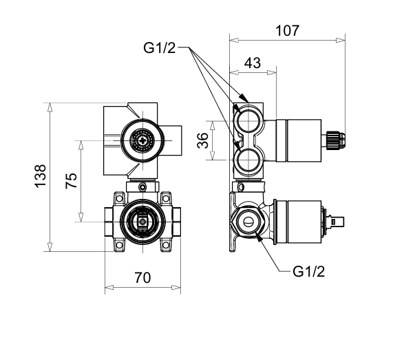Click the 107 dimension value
(x=288, y=31)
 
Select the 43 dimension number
(x=253, y=63)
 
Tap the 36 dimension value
(x=203, y=140)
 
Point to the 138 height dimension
(x=41, y=176)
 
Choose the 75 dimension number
(x=71, y=181)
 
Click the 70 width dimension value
(x=142, y=278)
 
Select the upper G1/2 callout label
(x=159, y=48)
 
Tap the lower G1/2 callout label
(x=308, y=272)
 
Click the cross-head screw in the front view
(x=142, y=140)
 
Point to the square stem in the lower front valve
(x=142, y=222)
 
